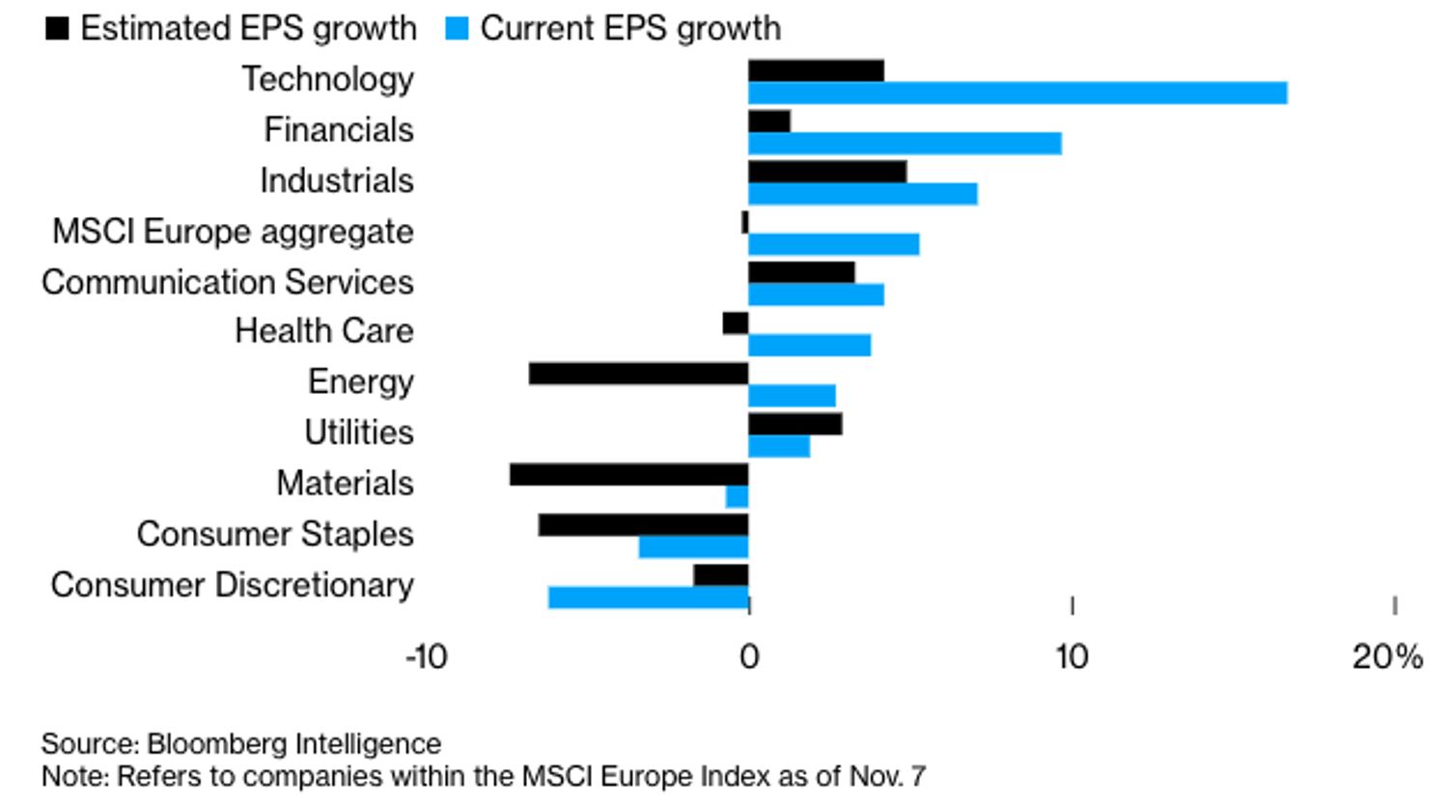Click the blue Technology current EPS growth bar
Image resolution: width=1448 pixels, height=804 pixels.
[x=1017, y=93]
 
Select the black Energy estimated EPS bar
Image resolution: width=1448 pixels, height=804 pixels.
[x=638, y=374]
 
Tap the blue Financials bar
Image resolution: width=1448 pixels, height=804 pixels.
[x=905, y=144]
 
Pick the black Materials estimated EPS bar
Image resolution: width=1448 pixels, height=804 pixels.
[x=628, y=475]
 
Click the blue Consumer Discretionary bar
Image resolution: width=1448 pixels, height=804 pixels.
[x=648, y=597]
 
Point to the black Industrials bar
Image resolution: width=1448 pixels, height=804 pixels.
[x=827, y=172]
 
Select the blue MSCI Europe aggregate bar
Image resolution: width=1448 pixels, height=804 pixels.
[x=833, y=244]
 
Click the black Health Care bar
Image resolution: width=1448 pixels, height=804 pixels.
[x=736, y=323]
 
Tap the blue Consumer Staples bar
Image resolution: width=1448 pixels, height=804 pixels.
[x=693, y=547]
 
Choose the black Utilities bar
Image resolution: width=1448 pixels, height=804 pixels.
[x=794, y=424]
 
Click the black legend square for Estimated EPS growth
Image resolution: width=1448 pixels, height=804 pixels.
[x=57, y=28]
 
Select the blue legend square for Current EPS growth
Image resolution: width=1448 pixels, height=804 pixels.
[x=457, y=28]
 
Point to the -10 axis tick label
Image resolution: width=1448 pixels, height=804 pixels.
[x=426, y=657]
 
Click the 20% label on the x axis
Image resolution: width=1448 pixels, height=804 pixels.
[x=1386, y=657]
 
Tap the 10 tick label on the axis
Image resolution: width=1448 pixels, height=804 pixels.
[x=1072, y=657]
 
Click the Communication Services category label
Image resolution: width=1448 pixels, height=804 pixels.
[x=228, y=282]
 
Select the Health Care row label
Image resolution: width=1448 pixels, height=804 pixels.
[x=324, y=331]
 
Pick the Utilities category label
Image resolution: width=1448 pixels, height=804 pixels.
[x=359, y=432]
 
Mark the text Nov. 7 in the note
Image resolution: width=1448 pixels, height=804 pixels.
[x=887, y=776]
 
